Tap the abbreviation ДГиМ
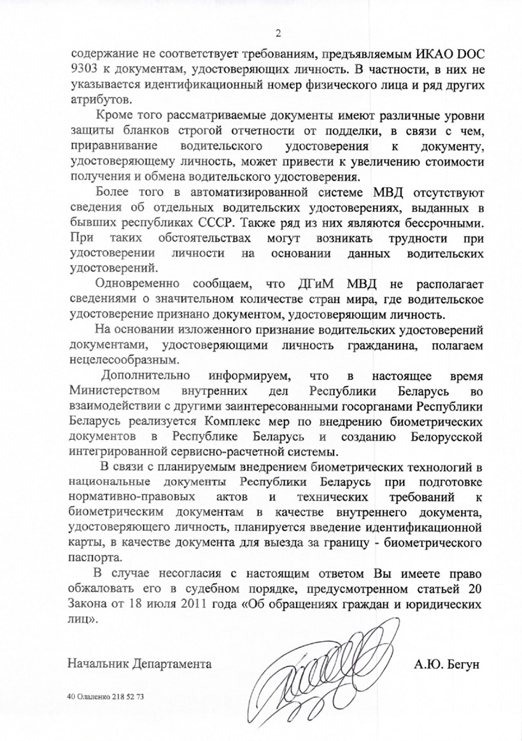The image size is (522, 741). (x=327, y=284)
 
